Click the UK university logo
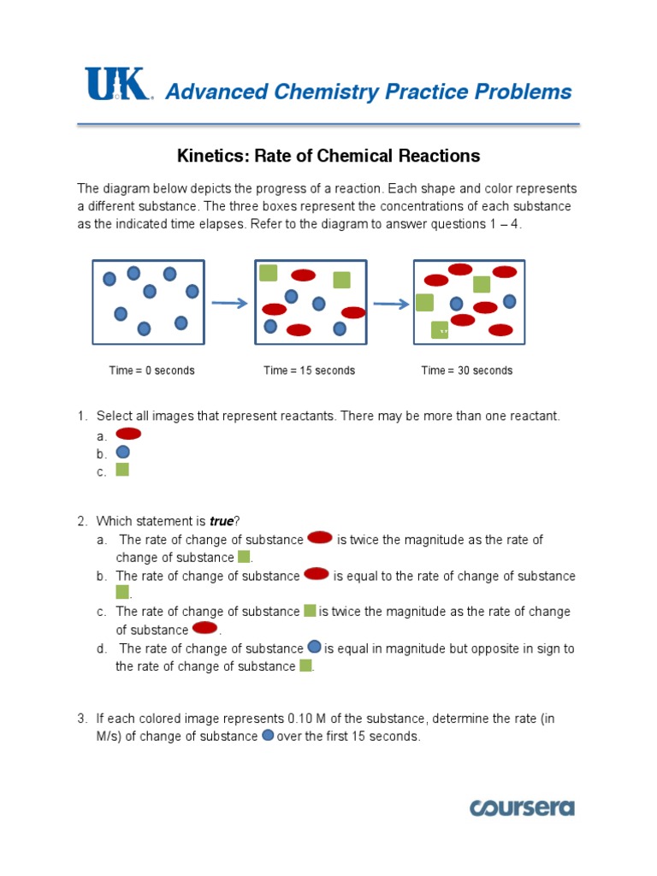point(117,86)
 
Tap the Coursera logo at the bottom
point(521,808)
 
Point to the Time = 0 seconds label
point(151,370)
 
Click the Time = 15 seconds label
point(309,370)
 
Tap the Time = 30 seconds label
point(467,370)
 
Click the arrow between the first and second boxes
point(228,303)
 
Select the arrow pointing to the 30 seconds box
point(390,303)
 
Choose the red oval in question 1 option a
point(128,434)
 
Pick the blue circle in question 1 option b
point(122,452)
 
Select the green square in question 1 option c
point(122,470)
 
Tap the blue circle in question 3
point(267,736)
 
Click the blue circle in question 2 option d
point(314,648)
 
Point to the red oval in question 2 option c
point(204,629)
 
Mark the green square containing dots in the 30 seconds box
point(440,330)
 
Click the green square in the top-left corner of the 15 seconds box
point(269,273)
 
